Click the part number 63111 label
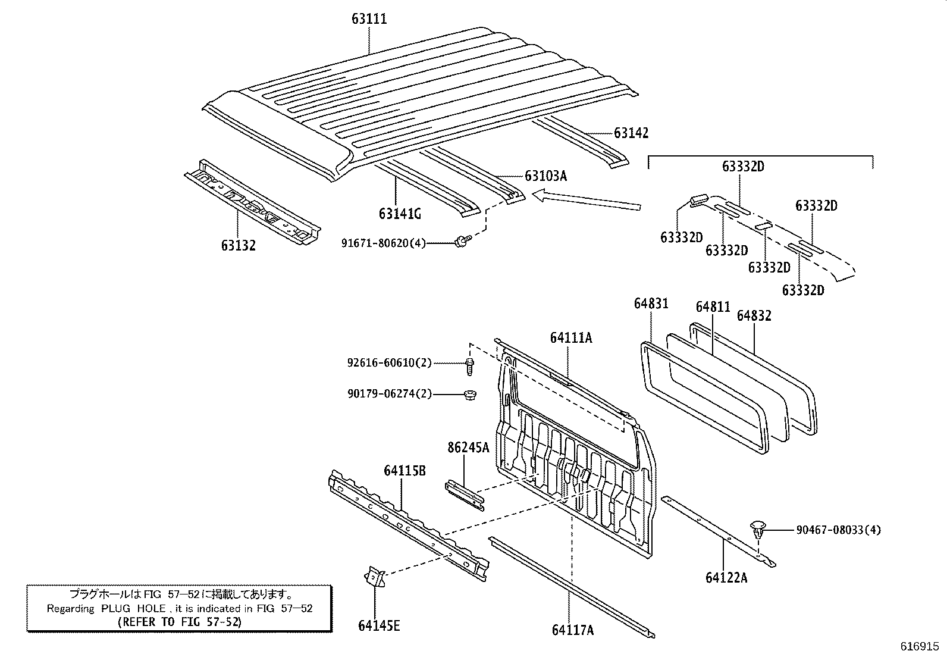369,19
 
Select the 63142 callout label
631,133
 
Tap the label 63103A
545,176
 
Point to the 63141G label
400,213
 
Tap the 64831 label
651,304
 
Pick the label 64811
713,307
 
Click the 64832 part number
754,316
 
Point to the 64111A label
570,338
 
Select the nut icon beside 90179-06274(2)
469,395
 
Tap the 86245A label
468,448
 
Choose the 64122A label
726,577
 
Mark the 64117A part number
572,630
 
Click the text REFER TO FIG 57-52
180,621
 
